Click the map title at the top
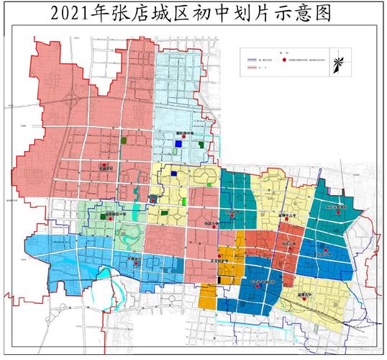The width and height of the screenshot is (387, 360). [193, 14]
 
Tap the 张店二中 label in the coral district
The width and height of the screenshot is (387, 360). [289, 245]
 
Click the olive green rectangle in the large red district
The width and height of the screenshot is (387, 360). [124, 140]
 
